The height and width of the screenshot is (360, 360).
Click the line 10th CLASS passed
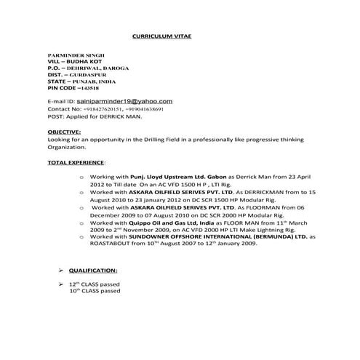tap(95, 291)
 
